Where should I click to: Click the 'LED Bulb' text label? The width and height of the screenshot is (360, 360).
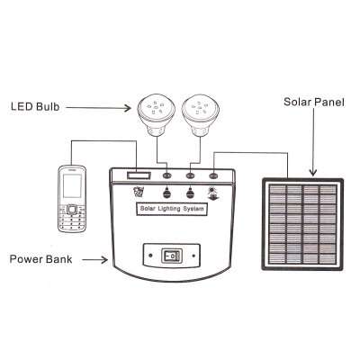click(35, 106)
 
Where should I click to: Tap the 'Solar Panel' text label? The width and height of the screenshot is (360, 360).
click(314, 102)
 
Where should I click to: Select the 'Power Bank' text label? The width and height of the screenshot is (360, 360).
click(40, 259)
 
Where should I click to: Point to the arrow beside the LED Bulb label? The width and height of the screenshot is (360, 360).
click(98, 108)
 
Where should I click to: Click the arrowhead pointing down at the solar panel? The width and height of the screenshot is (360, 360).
click(313, 173)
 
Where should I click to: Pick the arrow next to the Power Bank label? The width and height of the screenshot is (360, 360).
click(95, 260)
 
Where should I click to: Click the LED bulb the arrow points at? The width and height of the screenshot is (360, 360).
click(157, 115)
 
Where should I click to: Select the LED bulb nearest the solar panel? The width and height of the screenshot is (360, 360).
click(201, 115)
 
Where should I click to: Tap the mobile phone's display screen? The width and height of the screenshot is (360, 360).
click(72, 186)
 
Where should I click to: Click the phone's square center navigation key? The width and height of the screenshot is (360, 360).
click(72, 209)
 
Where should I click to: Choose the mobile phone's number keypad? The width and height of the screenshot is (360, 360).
click(72, 220)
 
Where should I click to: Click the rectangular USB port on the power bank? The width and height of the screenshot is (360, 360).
click(139, 175)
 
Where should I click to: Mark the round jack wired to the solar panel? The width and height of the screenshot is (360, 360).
click(213, 175)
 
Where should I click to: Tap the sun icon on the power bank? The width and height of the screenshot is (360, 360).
click(212, 190)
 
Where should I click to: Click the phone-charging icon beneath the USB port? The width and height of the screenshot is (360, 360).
click(139, 192)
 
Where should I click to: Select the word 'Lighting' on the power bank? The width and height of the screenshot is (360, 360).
click(169, 209)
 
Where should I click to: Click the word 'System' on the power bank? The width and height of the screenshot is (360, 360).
click(193, 209)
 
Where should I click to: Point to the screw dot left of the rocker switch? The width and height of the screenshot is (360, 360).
click(150, 256)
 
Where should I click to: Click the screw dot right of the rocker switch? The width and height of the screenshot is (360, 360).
click(193, 256)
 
